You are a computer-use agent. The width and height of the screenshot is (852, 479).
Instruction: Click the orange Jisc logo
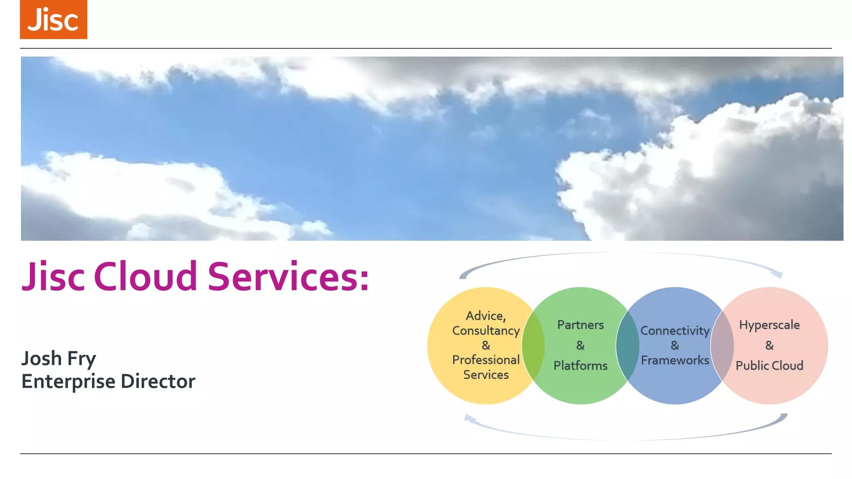coord(53,20)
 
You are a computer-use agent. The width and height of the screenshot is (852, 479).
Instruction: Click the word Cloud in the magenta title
coord(145,277)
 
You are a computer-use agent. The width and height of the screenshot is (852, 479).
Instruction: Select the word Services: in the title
coord(288,277)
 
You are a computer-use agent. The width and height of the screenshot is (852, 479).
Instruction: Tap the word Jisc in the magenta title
coord(53,277)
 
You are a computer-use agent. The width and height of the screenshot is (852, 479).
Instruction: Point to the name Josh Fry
coord(59,358)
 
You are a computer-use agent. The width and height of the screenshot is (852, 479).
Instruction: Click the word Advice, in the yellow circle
coord(486,316)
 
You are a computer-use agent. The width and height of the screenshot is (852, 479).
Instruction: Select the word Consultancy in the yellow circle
coord(486,331)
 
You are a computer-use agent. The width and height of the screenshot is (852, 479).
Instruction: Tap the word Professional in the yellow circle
coord(486,360)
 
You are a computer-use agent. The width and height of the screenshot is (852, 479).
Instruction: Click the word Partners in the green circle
coord(580,325)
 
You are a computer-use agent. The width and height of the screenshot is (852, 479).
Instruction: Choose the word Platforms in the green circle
coord(580,365)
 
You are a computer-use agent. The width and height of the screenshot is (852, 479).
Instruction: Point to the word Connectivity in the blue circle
coord(675,331)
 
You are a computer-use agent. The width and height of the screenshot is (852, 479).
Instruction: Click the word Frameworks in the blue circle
coord(675,360)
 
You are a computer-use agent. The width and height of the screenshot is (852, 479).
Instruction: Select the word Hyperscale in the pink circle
coord(769,325)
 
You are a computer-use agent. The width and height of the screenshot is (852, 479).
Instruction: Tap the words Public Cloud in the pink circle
coord(769,365)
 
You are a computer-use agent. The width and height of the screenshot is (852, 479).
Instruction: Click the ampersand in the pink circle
coord(769,345)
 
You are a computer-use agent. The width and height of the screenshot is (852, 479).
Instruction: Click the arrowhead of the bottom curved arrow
coord(469,418)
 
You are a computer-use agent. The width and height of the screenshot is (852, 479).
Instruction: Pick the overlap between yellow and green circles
coord(533,346)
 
